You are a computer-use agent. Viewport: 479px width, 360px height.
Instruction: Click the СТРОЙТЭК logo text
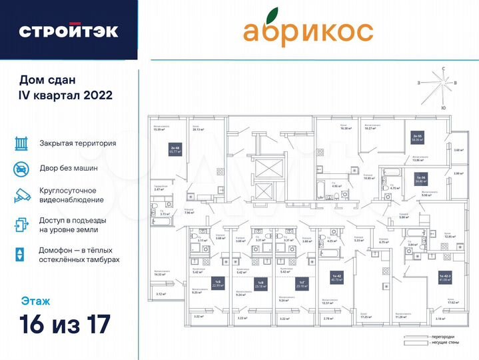69,31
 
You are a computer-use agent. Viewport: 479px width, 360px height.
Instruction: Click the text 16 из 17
64,326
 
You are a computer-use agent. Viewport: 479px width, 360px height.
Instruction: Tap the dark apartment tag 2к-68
176,151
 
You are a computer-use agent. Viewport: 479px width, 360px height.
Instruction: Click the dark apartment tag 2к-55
419,138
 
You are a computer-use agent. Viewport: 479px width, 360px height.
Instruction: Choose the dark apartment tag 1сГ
302,283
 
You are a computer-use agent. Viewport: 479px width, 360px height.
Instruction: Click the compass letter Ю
443,107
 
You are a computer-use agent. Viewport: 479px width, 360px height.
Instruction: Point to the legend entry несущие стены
436,343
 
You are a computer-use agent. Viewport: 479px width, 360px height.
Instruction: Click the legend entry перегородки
436,337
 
